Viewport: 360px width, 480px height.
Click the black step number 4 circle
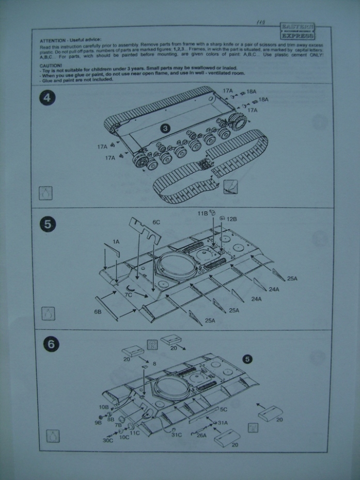tap(48, 98)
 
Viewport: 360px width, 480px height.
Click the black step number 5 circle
tap(48, 224)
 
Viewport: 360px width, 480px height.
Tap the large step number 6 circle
tap(51, 345)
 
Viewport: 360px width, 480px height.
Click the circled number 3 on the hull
tap(165, 127)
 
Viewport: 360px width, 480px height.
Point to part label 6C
tap(156, 222)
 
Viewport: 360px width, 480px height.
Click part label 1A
tap(116, 241)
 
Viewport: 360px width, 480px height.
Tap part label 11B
tap(202, 213)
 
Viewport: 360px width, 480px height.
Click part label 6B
tap(98, 312)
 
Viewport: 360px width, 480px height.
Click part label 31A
tap(223, 422)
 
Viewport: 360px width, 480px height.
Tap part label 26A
tap(201, 435)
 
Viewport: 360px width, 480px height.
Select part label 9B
tap(98, 422)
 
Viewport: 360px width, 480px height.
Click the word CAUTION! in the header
tap(51, 66)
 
